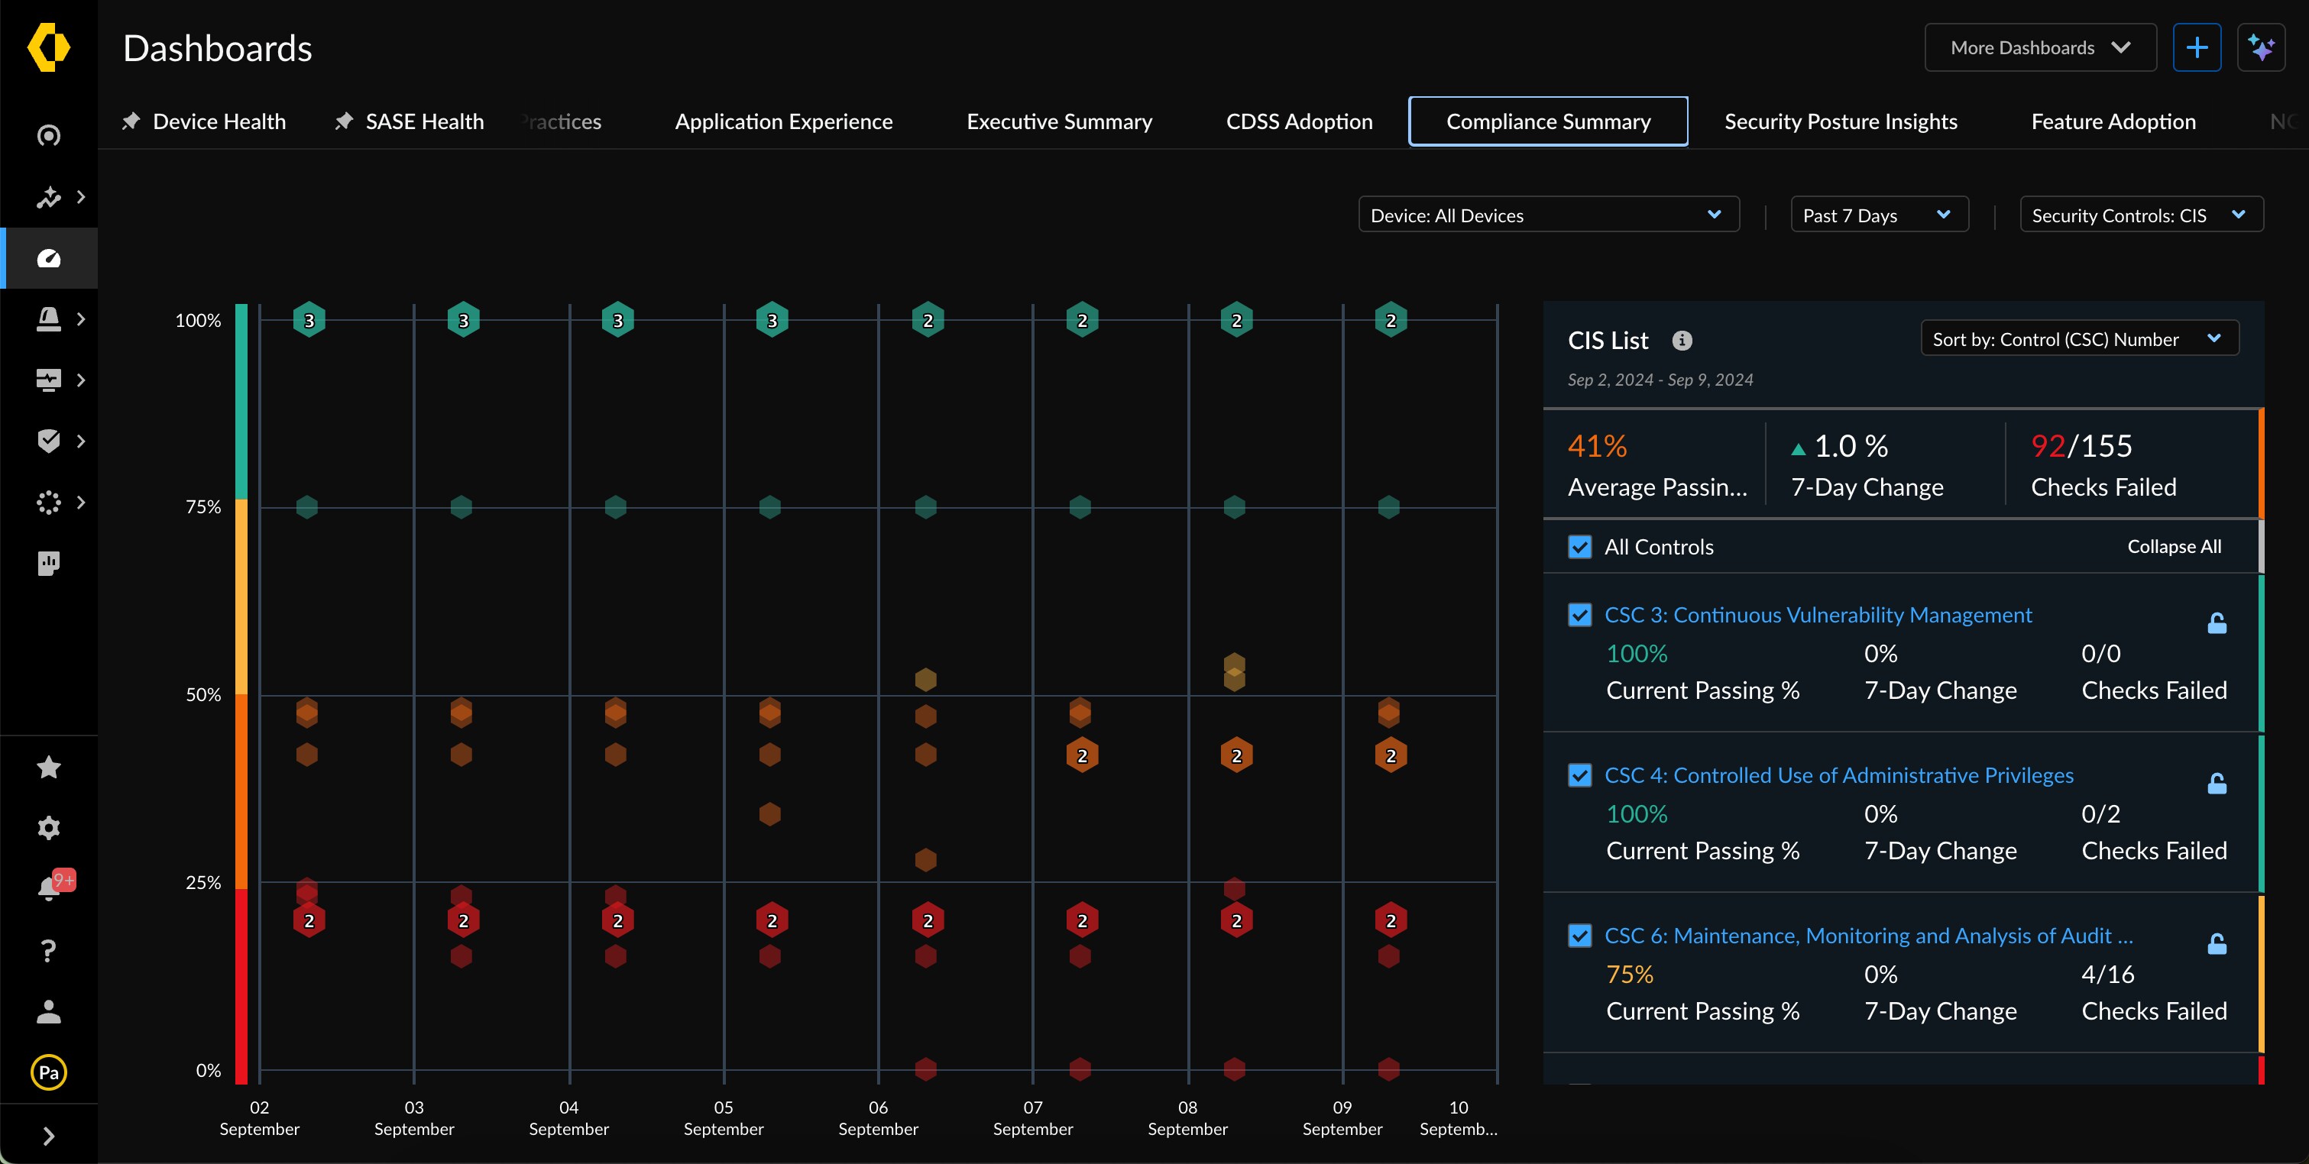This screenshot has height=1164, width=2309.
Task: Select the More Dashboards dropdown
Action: (2039, 47)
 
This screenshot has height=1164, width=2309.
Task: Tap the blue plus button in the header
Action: (2196, 47)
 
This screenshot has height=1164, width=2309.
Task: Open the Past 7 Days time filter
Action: (1878, 215)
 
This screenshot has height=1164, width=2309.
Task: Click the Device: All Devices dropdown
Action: (1548, 215)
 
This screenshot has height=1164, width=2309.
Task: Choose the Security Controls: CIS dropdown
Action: (2139, 215)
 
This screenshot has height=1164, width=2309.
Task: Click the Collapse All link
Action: (2174, 547)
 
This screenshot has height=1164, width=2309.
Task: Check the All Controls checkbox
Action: (1579, 547)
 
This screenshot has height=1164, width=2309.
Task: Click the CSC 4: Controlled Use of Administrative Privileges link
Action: (1838, 775)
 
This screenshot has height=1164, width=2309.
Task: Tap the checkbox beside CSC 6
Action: (1579, 936)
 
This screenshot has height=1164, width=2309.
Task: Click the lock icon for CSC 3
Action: (2217, 622)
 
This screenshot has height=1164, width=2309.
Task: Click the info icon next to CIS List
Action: (1682, 341)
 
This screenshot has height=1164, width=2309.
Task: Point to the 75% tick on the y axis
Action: (202, 507)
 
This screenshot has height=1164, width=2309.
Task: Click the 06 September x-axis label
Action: (878, 1117)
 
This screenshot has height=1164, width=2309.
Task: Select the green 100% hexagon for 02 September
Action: (309, 320)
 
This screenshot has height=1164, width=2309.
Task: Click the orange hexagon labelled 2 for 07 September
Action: (1082, 755)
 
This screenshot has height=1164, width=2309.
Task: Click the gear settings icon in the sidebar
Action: (48, 827)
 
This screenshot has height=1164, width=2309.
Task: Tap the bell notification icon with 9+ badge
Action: (48, 888)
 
